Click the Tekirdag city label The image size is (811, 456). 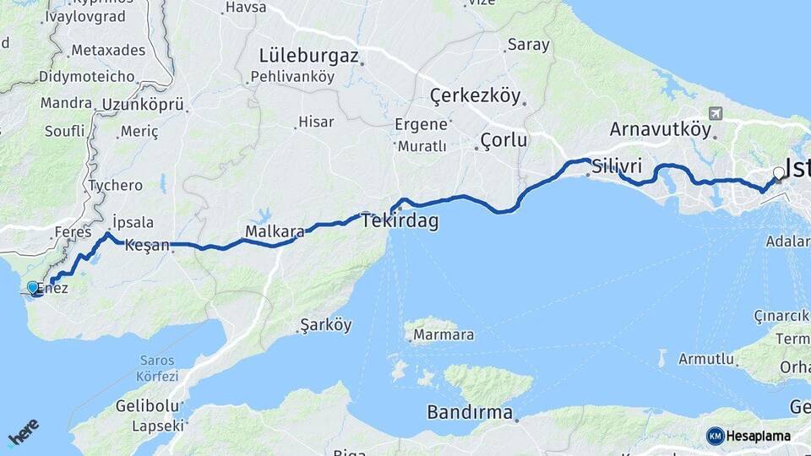(400, 221)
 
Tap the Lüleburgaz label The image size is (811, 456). (309, 57)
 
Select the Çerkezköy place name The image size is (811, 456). (476, 95)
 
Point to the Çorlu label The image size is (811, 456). (503, 139)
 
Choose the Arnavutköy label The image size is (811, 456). (661, 129)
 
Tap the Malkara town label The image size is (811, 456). (275, 231)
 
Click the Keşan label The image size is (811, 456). (147, 247)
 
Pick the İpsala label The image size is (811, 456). (133, 223)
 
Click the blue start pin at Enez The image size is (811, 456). (33, 288)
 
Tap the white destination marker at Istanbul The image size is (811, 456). (779, 174)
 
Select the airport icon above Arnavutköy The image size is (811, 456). (716, 113)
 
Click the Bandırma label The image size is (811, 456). (470, 413)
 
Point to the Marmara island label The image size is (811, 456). (443, 335)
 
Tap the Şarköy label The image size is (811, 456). (325, 325)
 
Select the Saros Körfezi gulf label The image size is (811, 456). (158, 368)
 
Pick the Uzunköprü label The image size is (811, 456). (143, 105)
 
